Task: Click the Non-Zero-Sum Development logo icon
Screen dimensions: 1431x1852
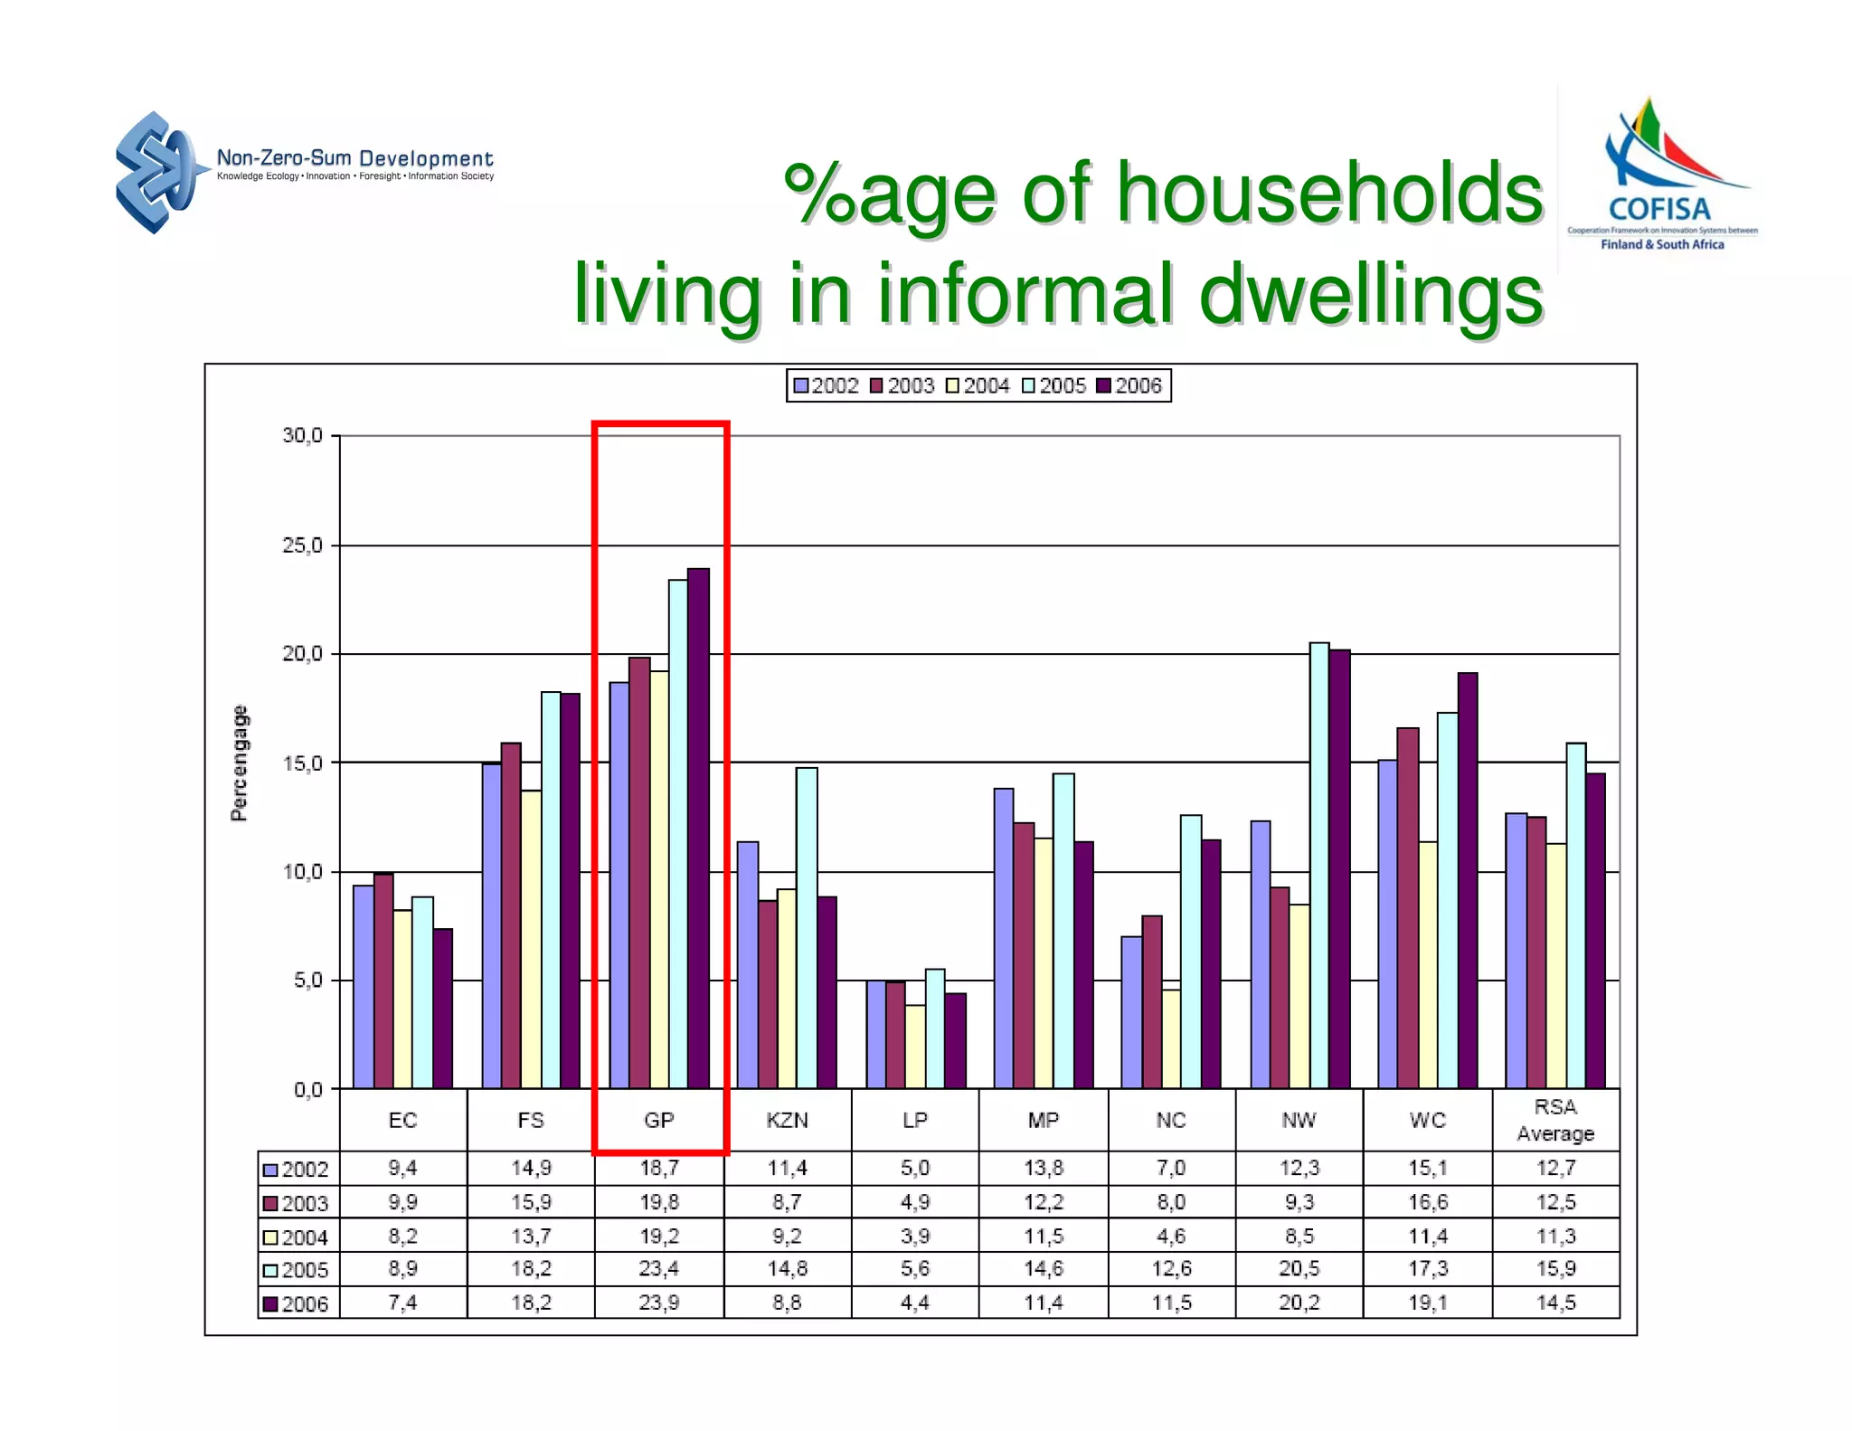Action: coord(156,172)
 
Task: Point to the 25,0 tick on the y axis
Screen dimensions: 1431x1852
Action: coord(302,545)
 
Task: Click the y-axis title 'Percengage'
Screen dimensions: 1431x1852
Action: coord(239,763)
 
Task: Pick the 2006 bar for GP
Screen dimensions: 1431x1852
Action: coord(698,828)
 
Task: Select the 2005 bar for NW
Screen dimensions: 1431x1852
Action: coord(1319,865)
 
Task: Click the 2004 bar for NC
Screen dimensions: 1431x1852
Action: coord(1171,1038)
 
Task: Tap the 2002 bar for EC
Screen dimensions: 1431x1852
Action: coord(364,986)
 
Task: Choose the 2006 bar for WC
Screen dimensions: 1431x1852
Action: coord(1468,880)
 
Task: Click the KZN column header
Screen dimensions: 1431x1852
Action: coord(787,1121)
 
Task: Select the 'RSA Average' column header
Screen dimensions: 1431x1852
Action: coord(1555,1120)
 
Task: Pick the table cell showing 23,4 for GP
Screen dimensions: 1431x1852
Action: coord(659,1269)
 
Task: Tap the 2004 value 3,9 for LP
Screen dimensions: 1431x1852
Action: coord(915,1236)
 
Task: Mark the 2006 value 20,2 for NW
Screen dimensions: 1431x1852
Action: coord(1299,1303)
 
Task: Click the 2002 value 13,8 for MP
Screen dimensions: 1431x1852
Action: coord(1043,1168)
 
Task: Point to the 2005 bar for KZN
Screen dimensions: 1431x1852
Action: coord(807,927)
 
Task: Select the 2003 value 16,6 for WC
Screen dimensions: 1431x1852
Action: coord(1428,1202)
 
